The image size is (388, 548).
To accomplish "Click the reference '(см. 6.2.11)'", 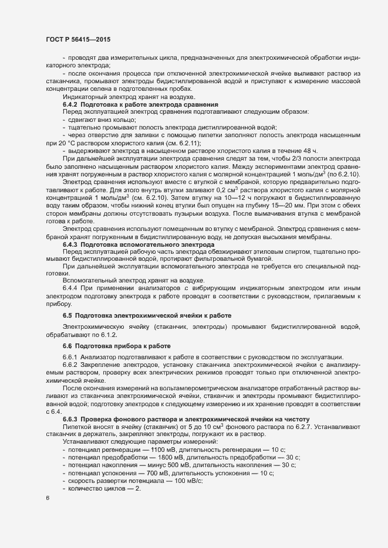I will click(182, 142).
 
